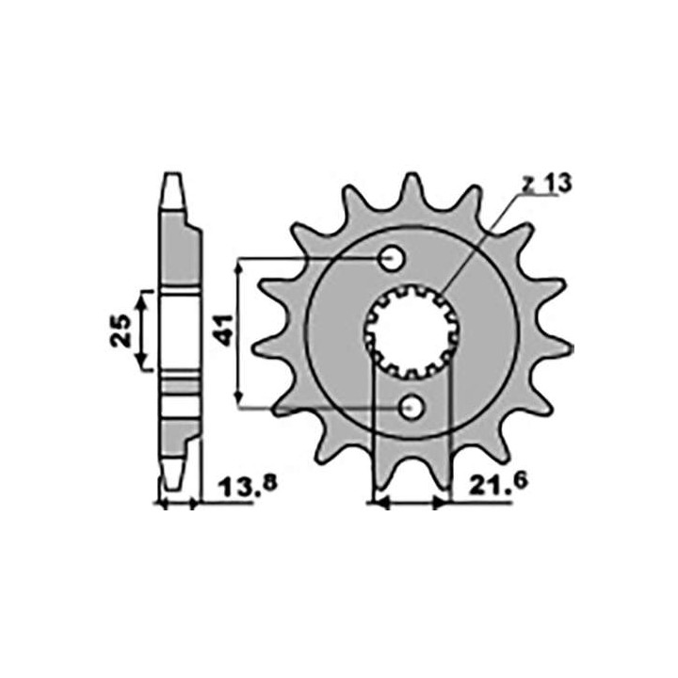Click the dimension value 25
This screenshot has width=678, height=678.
121,331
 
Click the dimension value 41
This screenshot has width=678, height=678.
224,331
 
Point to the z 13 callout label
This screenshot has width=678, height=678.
547,185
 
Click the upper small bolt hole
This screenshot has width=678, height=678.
392,259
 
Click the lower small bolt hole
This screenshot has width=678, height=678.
411,408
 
